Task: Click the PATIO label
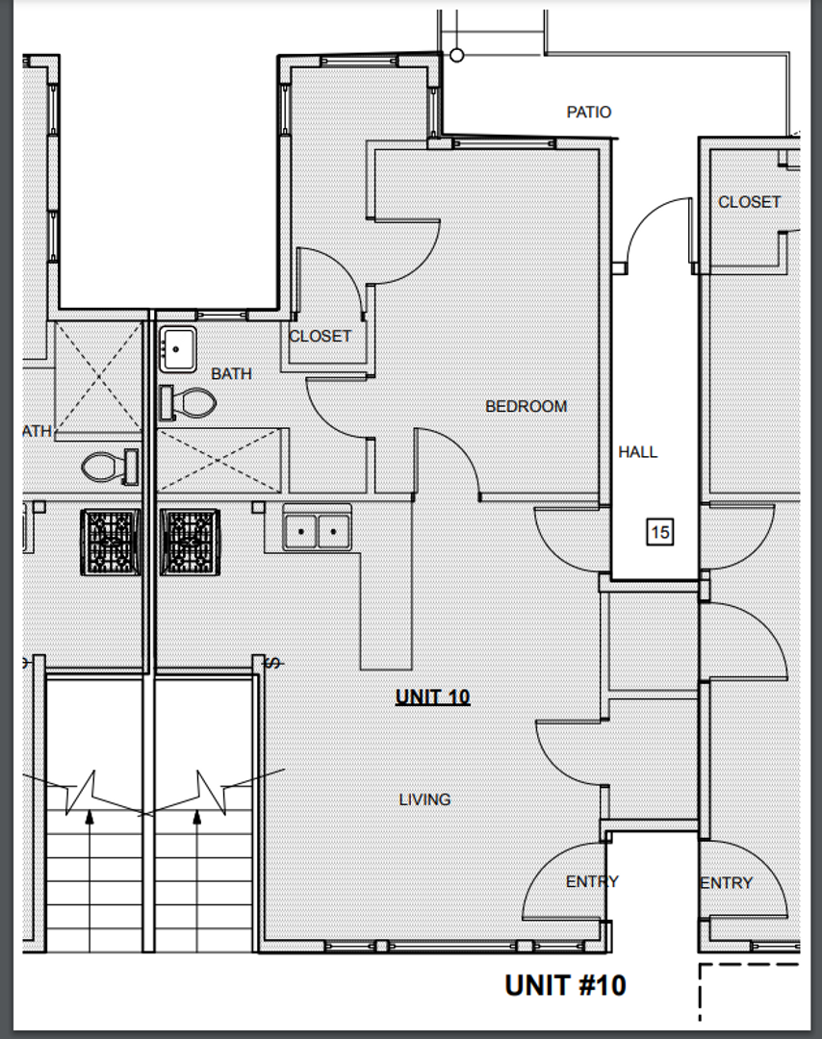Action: [589, 112]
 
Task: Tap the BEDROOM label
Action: [527, 406]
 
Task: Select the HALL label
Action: [638, 452]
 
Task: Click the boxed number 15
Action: [659, 532]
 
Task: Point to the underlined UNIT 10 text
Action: [433, 697]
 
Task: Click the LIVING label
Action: [424, 799]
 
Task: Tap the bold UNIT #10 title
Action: [565, 985]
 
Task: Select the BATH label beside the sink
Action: [231, 373]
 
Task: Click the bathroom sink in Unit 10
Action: [177, 349]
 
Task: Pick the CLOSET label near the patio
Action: [749, 202]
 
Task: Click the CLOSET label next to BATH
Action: [321, 337]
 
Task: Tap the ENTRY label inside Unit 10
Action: [592, 882]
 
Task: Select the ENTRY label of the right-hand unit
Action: [727, 883]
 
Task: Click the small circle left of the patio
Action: [457, 56]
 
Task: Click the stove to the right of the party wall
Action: [190, 542]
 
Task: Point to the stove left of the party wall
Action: [111, 542]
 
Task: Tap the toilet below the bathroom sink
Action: [189, 403]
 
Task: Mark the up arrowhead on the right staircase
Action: [197, 817]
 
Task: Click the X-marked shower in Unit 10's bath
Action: [218, 460]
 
